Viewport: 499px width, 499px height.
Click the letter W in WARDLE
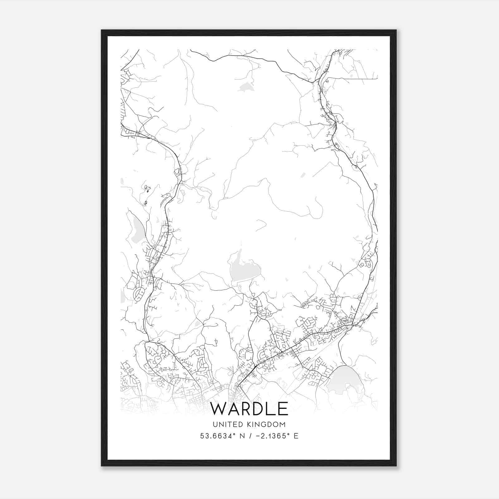pos(220,409)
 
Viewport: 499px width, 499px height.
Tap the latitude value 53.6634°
pos(217,436)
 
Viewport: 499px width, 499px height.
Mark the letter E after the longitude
pos(296,436)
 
